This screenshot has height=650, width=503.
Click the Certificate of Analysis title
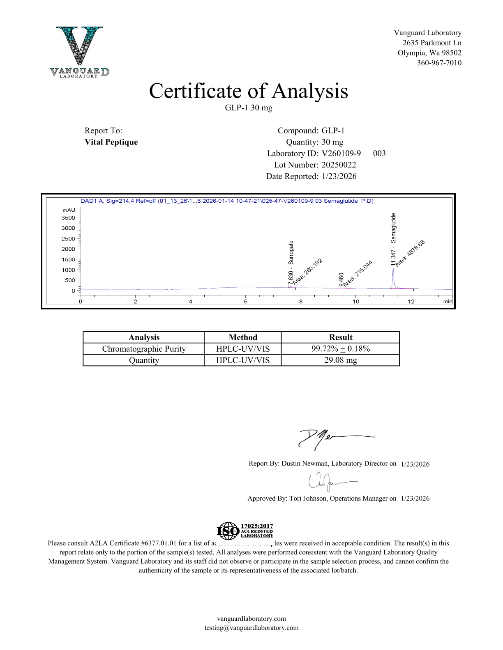pyautogui.click(x=248, y=91)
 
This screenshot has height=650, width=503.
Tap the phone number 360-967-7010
pyautogui.click(x=439, y=63)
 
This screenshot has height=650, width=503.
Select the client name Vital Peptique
pyautogui.click(x=111, y=142)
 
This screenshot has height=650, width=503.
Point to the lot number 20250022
pyautogui.click(x=339, y=165)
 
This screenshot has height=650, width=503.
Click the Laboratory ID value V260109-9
pyautogui.click(x=341, y=153)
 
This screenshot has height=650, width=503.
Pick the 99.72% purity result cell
pyautogui.click(x=340, y=349)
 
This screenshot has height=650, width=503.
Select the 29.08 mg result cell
pyautogui.click(x=340, y=360)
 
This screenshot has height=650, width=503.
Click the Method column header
pyautogui.click(x=243, y=337)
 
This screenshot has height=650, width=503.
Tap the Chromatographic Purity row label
pyautogui.click(x=144, y=349)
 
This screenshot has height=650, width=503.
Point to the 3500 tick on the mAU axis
pyautogui.click(x=68, y=218)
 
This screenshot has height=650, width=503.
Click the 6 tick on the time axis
pyautogui.click(x=246, y=302)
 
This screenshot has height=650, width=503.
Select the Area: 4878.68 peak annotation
pyautogui.click(x=410, y=253)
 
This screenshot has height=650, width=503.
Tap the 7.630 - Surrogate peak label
pyautogui.click(x=291, y=263)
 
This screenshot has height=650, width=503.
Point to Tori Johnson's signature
pyautogui.click(x=329, y=482)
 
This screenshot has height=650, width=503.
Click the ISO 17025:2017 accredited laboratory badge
pyautogui.click(x=245, y=531)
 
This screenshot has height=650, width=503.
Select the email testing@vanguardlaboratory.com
pyautogui.click(x=251, y=628)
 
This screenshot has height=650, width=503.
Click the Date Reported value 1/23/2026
pyautogui.click(x=339, y=176)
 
